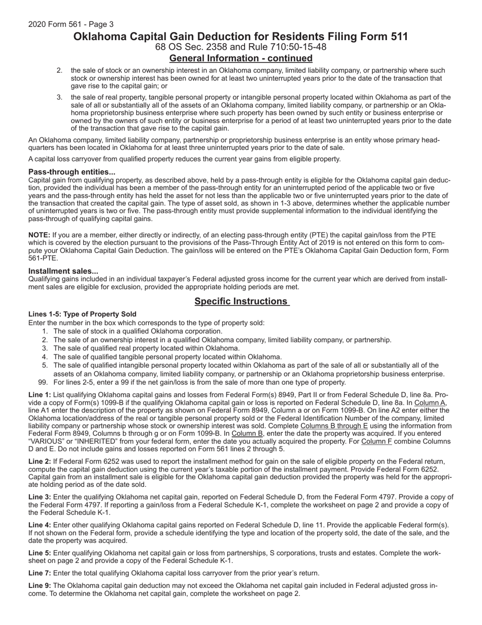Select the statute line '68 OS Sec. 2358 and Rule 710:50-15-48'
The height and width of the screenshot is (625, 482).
pos(240,47)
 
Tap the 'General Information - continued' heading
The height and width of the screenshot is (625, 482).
pos(240,58)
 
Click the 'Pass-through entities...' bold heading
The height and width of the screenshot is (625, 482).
pos(72,172)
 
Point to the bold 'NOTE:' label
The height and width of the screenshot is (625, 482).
pos(39,235)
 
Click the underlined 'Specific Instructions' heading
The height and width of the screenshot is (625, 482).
pos(241,301)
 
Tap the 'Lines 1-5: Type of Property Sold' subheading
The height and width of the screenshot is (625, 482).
pos(82,314)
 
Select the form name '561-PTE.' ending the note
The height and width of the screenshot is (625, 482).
pos(43,258)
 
